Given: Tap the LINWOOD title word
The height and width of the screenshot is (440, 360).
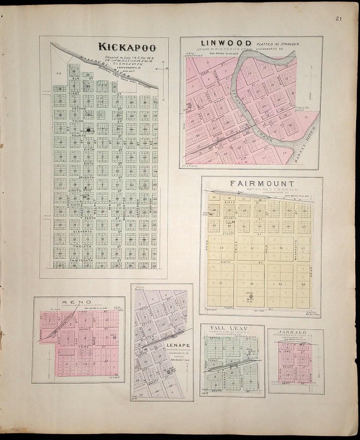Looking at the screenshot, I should (x=226, y=43).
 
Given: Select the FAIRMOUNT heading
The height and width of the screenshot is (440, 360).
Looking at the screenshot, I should (x=262, y=184).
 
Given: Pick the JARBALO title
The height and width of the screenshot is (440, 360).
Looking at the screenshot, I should (x=292, y=332).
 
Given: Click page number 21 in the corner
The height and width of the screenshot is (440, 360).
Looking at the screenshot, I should (x=339, y=19).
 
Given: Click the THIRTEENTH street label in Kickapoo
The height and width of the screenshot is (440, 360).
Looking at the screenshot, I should (x=81, y=260).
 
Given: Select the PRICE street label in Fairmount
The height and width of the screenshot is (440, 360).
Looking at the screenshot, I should (x=236, y=247).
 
